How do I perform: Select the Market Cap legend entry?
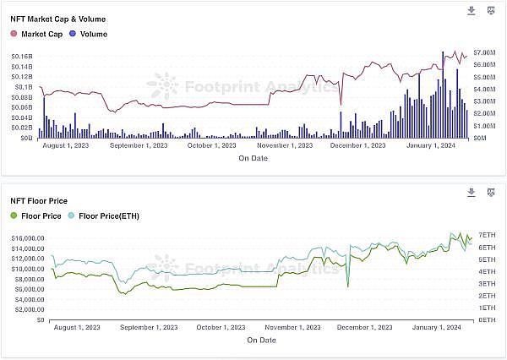(x=36, y=33)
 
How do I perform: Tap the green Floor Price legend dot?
(x=14, y=216)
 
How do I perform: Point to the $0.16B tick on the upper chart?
(x=21, y=56)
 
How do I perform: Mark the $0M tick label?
(x=481, y=137)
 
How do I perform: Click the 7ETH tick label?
(x=487, y=234)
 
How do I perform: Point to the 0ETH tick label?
(x=487, y=320)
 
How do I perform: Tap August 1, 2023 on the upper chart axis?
(x=65, y=145)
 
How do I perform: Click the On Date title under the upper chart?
(x=253, y=158)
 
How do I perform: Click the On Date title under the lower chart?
(x=261, y=340)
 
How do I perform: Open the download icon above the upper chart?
(x=472, y=11)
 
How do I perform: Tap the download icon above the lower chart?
(x=472, y=194)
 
